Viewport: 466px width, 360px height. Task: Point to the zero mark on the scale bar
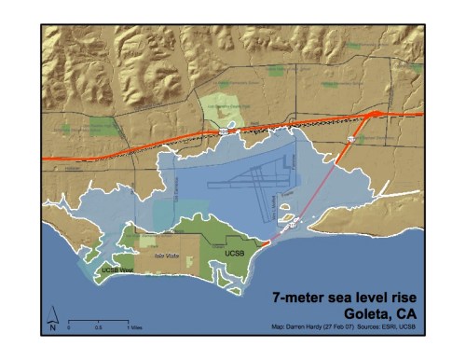(x=70, y=329)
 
